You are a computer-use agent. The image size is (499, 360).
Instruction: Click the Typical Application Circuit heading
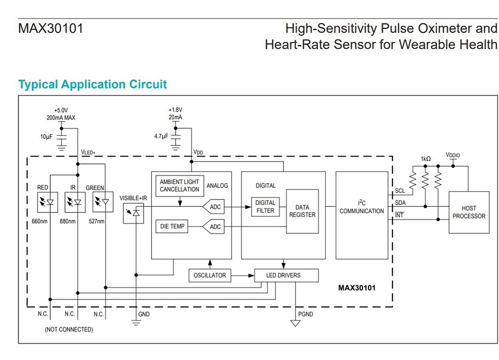[93, 84]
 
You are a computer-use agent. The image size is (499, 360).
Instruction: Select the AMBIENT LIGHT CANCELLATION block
[179, 186]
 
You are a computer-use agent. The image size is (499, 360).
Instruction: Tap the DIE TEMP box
[172, 227]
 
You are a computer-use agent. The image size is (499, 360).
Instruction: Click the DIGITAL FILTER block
[265, 207]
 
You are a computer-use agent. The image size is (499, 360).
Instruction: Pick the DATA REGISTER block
[302, 211]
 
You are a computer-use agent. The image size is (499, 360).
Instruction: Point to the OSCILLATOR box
[210, 276]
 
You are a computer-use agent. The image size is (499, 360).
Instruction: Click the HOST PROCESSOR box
[469, 213]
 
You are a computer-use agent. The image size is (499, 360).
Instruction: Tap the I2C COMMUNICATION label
[362, 208]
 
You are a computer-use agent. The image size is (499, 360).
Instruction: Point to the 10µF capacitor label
[47, 137]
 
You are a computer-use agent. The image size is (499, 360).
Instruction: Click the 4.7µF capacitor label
[161, 136]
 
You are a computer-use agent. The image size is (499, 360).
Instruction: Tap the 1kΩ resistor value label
[426, 159]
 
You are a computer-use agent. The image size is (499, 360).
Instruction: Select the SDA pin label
[400, 203]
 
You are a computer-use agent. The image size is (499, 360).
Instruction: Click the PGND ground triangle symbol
[295, 323]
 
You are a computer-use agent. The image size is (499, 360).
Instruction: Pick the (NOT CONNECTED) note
[69, 330]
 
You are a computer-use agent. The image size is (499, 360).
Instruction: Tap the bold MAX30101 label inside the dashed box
[357, 288]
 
